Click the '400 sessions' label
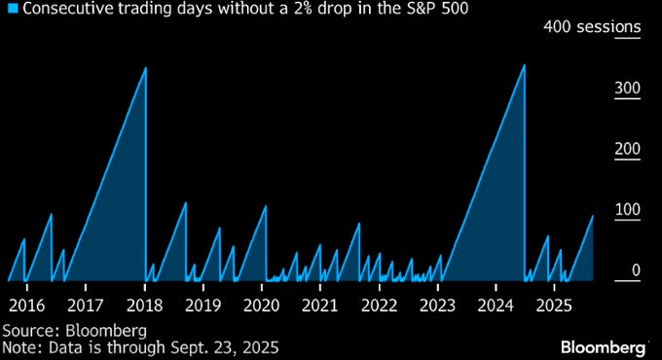593,27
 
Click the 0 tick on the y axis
635,270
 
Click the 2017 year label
86,305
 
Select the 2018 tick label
144,305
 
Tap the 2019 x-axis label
202,305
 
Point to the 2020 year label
262,305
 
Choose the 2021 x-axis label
320,305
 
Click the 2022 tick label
379,305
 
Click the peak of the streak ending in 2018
145,68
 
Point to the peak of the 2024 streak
524,65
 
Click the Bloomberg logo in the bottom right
604,346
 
